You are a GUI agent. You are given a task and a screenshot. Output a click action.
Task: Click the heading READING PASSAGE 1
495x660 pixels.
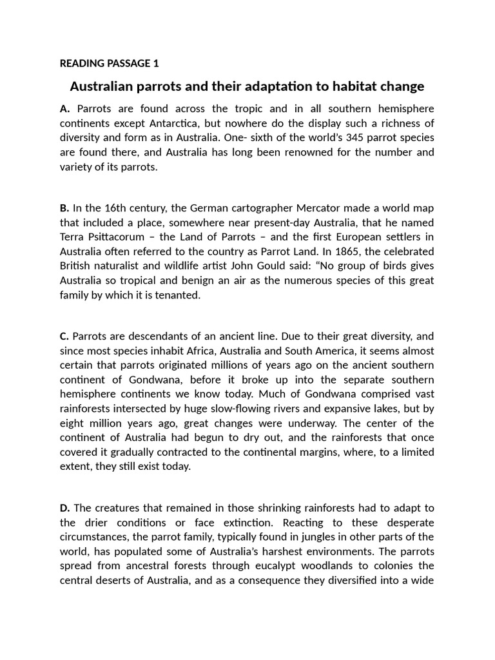pos(109,63)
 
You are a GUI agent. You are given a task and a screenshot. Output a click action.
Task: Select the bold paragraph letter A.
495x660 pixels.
pos(64,108)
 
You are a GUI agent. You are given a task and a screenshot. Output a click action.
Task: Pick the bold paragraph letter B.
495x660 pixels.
pos(64,208)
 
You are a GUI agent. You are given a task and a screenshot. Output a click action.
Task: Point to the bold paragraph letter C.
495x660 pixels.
pos(64,336)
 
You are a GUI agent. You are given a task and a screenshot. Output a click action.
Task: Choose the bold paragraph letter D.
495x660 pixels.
pos(64,508)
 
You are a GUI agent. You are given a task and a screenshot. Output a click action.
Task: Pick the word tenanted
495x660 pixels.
pos(183,295)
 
